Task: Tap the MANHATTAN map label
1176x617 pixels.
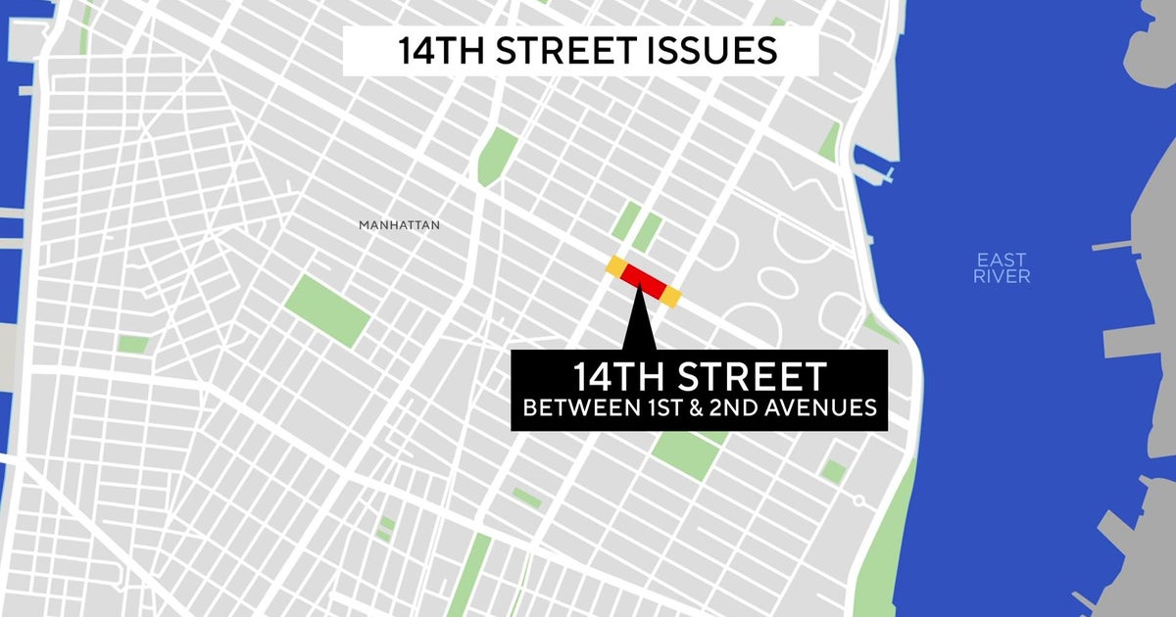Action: pyautogui.click(x=399, y=225)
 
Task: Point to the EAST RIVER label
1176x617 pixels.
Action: pyautogui.click(x=1002, y=268)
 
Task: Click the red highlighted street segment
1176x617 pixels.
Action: pyautogui.click(x=643, y=280)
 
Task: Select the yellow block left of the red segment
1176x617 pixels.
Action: pyautogui.click(x=615, y=265)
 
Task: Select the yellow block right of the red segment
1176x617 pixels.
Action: pyautogui.click(x=671, y=295)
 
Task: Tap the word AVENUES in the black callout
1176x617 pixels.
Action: pyautogui.click(x=818, y=407)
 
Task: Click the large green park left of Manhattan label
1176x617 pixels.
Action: pyautogui.click(x=327, y=309)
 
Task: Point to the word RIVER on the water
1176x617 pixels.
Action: pyautogui.click(x=1002, y=277)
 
